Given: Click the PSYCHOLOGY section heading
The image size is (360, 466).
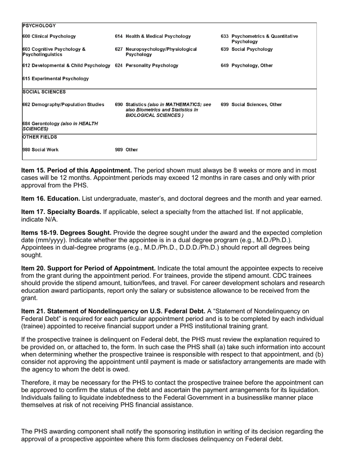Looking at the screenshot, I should (x=39, y=26).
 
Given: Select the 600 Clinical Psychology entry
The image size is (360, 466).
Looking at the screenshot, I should (x=49, y=36).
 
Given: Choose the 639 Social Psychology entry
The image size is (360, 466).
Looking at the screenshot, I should (x=247, y=49).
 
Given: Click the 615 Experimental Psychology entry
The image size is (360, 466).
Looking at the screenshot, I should (x=56, y=79).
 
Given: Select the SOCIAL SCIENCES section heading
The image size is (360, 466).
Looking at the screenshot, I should (x=44, y=92).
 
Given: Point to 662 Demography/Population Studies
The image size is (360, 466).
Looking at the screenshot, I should (x=63, y=105).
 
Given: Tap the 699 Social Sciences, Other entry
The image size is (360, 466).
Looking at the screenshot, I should (x=251, y=105).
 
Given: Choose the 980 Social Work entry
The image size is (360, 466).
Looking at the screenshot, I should (x=41, y=150).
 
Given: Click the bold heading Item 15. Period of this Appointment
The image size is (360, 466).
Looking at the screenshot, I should (x=77, y=170).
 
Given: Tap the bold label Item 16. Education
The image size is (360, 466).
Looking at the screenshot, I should (x=50, y=199).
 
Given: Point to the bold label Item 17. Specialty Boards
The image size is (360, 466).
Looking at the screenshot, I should (x=61, y=212).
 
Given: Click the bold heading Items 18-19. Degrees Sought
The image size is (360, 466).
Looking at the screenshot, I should (x=66, y=233).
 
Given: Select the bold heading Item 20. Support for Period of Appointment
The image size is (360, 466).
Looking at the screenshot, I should (x=88, y=268).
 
